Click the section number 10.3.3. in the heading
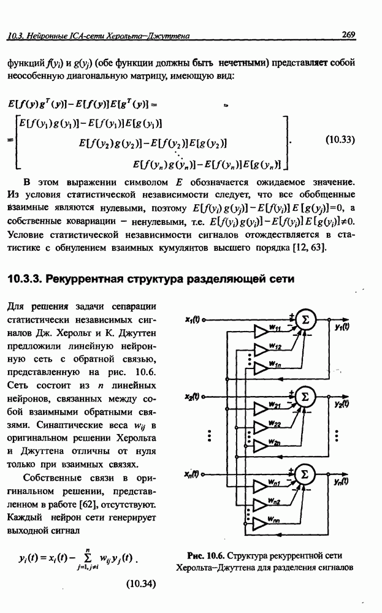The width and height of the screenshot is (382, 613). point(28,279)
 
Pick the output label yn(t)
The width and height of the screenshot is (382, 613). point(343,482)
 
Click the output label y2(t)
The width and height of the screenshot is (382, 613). point(343,405)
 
